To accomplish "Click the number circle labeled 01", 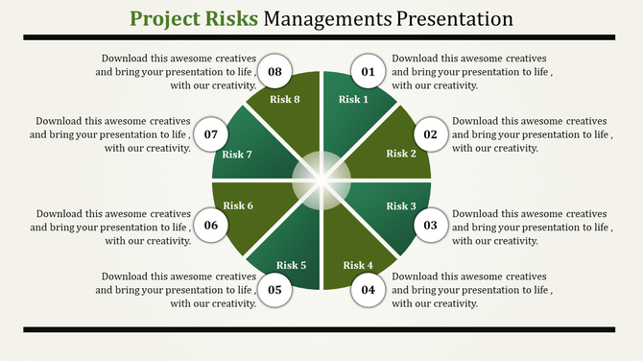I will point(368,72).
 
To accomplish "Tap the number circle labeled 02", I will point(431,134).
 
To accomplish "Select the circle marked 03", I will point(431,226).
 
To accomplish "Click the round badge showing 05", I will point(275,289).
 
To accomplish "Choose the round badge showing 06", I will point(212,226).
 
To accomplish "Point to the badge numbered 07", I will point(212,134).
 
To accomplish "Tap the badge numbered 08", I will point(275,72).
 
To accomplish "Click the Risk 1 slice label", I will point(353,100).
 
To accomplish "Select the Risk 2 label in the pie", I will point(401,154).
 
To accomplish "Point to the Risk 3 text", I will point(401,206).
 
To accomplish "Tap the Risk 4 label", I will point(358,265).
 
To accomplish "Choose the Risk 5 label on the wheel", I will point(292,265).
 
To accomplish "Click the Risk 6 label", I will point(239,205).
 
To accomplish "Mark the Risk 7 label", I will point(237,155).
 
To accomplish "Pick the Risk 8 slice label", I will point(284,100).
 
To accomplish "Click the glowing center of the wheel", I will point(321,180).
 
